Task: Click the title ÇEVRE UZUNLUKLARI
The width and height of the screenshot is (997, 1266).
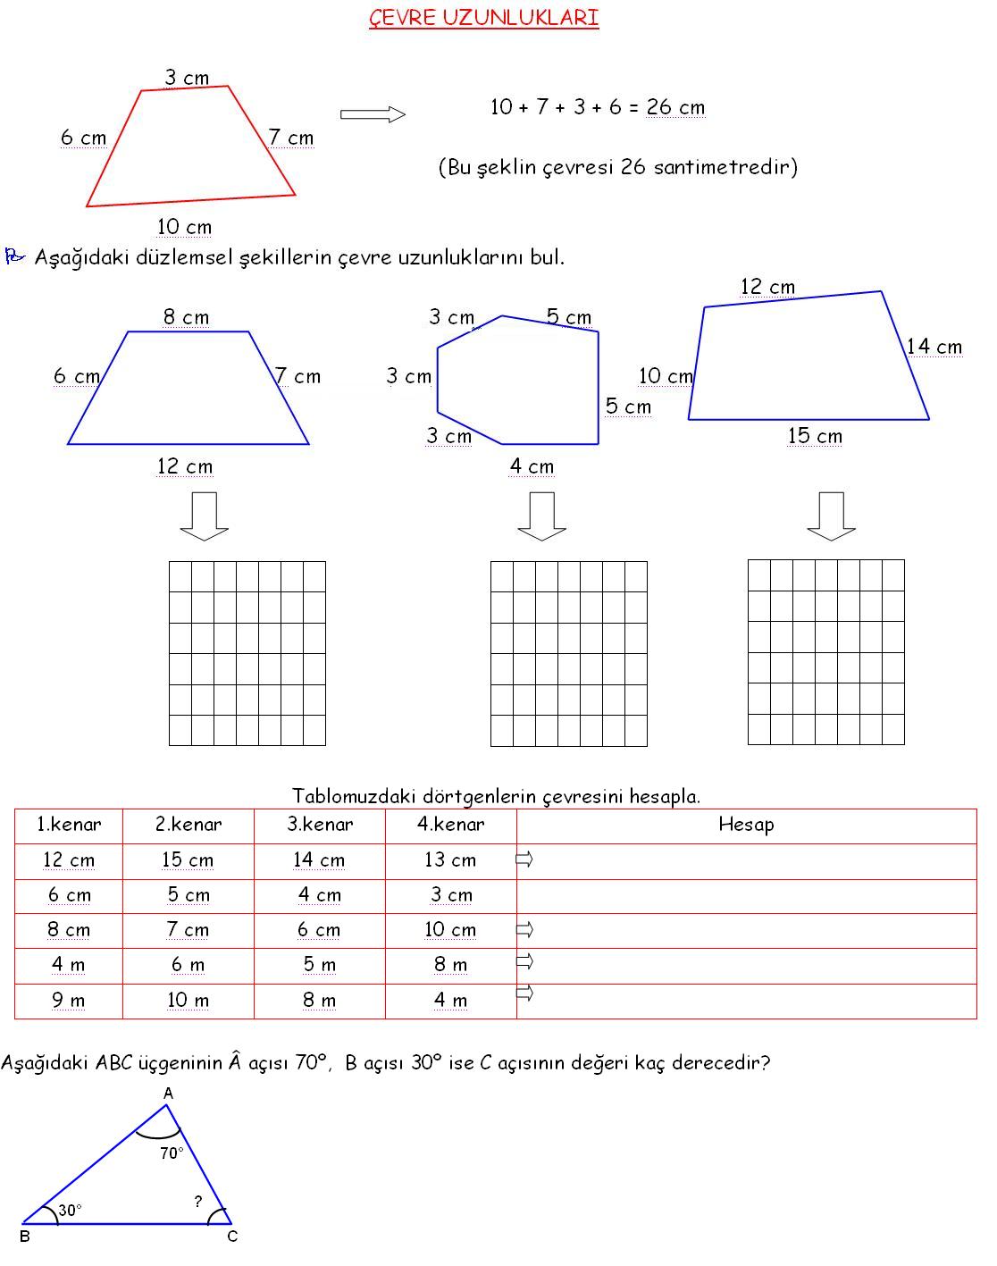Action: (x=483, y=19)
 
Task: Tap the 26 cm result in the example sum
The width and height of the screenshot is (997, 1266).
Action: (x=675, y=108)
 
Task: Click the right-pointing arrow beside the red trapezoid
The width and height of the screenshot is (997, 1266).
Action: (x=373, y=113)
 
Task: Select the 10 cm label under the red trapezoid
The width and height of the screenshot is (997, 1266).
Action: (x=184, y=228)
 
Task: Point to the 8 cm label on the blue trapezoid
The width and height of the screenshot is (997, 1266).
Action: (x=186, y=317)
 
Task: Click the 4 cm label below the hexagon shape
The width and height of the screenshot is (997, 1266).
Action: (x=532, y=466)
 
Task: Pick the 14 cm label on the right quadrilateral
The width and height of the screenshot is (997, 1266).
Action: (x=934, y=347)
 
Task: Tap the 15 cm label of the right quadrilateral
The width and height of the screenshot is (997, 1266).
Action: (x=815, y=436)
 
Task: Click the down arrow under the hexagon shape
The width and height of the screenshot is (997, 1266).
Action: (x=541, y=516)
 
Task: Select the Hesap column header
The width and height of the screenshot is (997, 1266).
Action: (x=746, y=825)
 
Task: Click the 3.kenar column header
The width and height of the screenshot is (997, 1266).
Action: (x=320, y=825)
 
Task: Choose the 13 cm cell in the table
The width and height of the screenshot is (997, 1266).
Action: (x=450, y=860)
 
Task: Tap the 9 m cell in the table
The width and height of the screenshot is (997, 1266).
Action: (x=68, y=1001)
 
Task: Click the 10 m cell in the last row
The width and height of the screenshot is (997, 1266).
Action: (x=188, y=1001)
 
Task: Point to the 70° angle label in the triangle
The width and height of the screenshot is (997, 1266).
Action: (x=172, y=1153)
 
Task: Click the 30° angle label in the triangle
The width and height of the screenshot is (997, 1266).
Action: (x=70, y=1210)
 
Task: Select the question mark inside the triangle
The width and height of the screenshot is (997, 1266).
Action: (x=198, y=1202)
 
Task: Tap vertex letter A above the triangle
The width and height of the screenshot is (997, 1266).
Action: (x=168, y=1094)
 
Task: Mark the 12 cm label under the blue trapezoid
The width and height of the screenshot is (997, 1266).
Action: (x=185, y=466)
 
